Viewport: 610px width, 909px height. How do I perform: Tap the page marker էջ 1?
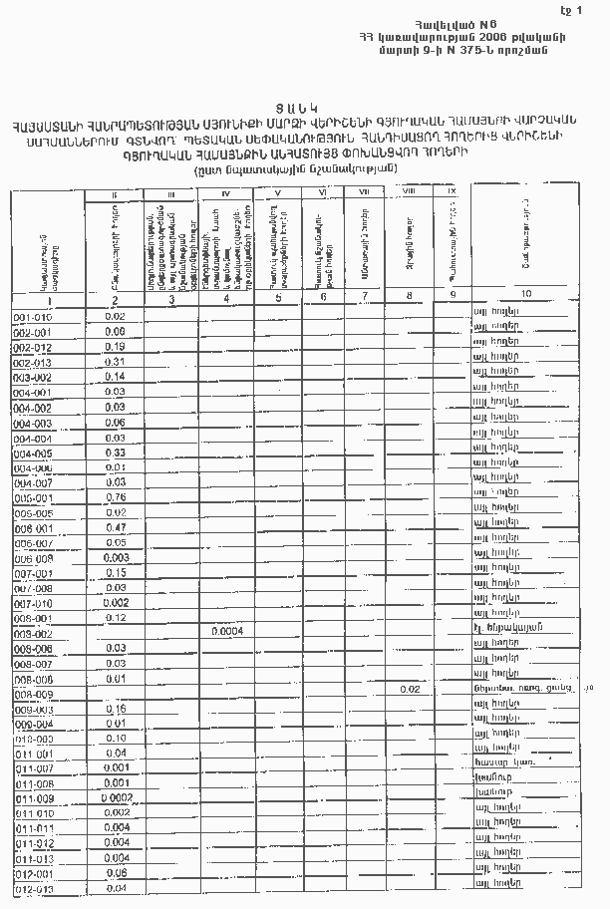(587, 9)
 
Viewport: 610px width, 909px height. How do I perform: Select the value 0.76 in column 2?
(115, 497)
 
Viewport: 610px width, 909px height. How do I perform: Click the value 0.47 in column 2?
(115, 527)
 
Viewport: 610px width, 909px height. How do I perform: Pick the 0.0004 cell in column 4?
(227, 631)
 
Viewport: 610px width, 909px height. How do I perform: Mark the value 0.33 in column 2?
(115, 454)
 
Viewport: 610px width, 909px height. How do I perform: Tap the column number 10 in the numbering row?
(524, 294)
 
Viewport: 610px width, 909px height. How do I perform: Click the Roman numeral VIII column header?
(408, 189)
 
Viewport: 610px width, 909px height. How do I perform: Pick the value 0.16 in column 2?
(115, 709)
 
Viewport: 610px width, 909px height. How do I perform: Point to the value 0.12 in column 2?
(115, 618)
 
